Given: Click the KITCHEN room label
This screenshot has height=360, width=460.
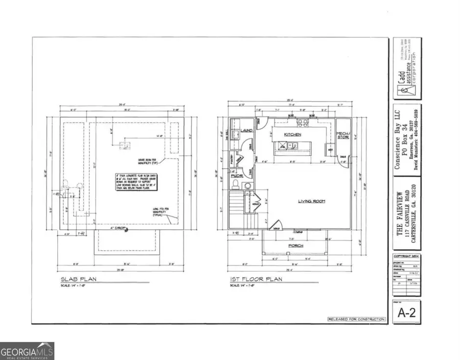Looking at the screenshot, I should [x=293, y=134].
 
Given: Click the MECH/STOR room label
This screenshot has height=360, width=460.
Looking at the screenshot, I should [x=342, y=136].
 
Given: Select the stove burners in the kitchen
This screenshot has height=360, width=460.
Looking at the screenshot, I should [x=302, y=123].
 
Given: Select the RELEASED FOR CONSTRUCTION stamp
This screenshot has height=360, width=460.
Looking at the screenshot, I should [x=356, y=319].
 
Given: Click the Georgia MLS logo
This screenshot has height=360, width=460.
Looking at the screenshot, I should [x=27, y=351].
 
